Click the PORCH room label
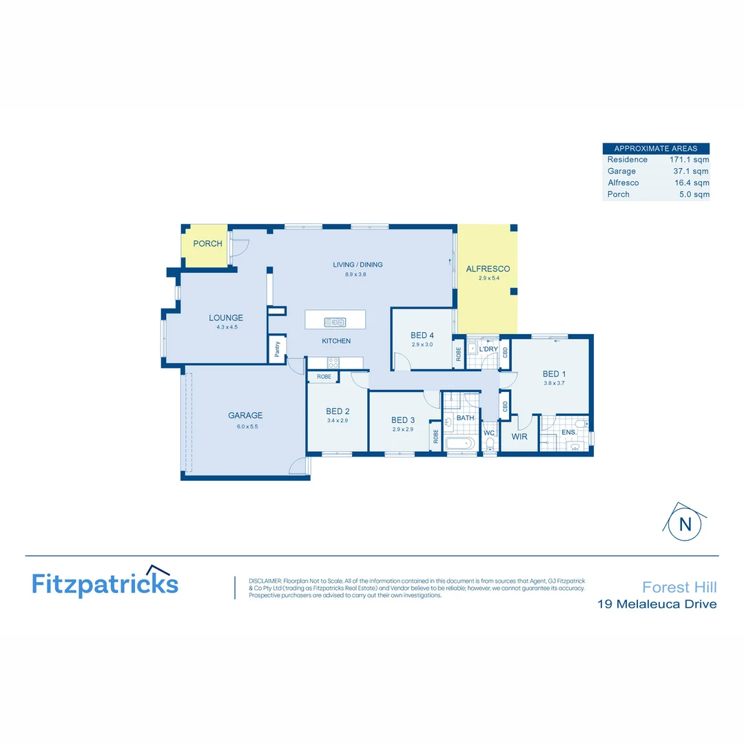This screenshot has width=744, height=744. point(207,244)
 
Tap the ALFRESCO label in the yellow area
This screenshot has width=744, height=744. point(488,269)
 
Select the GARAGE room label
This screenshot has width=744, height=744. point(245,415)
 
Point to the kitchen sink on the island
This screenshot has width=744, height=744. point(335,322)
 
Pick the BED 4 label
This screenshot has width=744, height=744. point(422,335)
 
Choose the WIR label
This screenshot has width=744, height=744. point(519,436)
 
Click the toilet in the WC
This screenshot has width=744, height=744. point(490,448)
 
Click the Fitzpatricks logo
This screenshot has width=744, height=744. point(105,583)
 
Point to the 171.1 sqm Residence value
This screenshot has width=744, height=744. point(689,160)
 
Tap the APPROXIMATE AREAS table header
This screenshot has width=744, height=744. point(655,148)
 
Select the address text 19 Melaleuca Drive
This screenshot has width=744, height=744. point(657,605)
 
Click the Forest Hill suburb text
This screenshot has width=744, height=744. point(679,587)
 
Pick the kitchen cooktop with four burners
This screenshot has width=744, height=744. point(333,362)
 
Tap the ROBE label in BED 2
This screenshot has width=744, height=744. point(324,378)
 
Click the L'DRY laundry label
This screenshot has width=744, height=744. point(488,349)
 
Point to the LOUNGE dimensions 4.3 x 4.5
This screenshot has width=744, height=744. point(226,327)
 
